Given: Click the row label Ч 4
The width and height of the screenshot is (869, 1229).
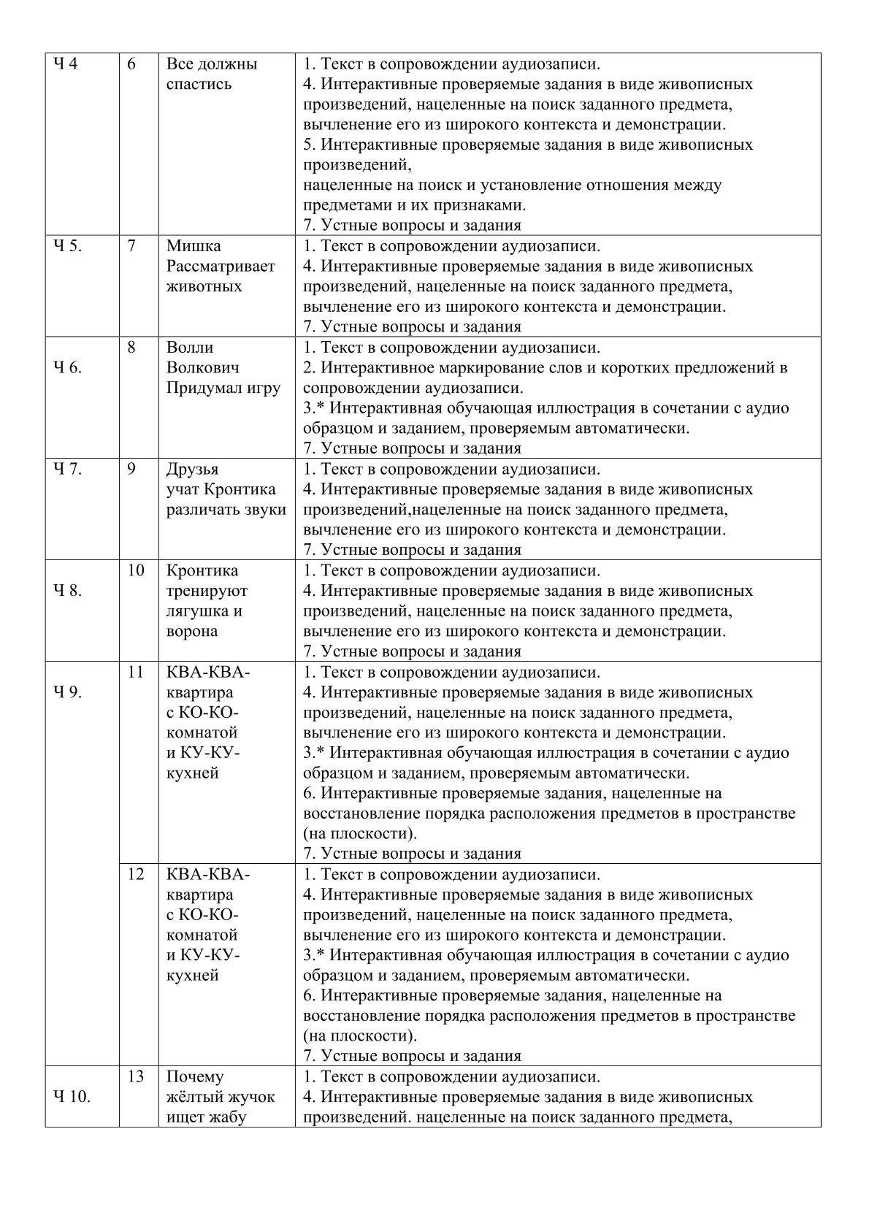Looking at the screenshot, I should pos(64,64).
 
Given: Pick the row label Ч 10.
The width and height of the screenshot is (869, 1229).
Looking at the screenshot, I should pos(72,1096).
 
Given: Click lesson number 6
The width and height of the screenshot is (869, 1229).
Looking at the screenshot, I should pos(131,64).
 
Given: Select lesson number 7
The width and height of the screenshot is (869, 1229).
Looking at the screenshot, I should pos(131,246).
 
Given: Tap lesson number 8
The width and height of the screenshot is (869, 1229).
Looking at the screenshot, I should pos(131,347).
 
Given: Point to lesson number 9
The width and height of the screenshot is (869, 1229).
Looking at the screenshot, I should pos(131,469).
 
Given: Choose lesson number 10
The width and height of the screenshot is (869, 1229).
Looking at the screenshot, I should pos(136,570).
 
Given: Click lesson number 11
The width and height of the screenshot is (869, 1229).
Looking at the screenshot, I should pos(136,671).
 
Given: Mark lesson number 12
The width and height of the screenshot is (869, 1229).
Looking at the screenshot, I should pos(136,873).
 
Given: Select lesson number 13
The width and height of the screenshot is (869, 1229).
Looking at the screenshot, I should pos(136,1076).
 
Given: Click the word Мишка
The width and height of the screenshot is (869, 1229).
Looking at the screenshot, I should pos(194,246).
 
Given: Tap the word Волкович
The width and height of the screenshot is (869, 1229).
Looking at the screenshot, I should pos(202,367).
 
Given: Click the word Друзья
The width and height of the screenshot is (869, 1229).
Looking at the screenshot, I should pos(192,469).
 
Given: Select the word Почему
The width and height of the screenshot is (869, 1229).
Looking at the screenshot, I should pos(195,1076).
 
